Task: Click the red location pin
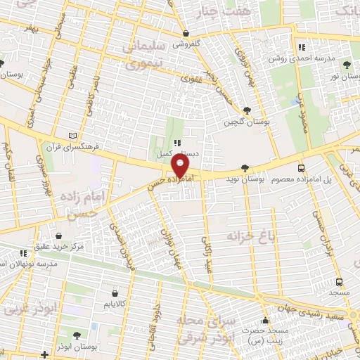click(181, 166)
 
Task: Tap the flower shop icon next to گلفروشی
click(185, 34)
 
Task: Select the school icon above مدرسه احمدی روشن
click(301, 47)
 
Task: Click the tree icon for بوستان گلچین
click(247, 110)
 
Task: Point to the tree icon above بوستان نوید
click(244, 168)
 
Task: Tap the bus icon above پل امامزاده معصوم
click(301, 169)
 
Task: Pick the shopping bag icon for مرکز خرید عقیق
click(60, 236)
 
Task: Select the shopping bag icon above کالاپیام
click(115, 292)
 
